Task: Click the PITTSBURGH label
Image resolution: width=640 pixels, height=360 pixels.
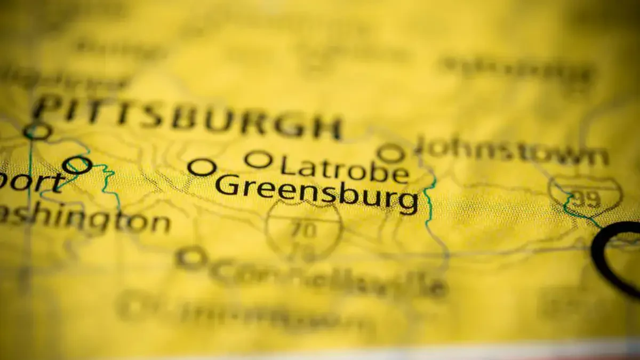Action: point(187,117)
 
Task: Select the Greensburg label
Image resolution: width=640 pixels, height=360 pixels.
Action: point(317,193)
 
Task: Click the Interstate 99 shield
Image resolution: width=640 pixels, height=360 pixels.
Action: point(585,196)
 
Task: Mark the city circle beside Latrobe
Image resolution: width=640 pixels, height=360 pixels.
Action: point(258,159)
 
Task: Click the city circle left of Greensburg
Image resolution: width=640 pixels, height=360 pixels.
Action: point(202,167)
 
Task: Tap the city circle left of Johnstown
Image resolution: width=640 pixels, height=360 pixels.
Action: point(391,154)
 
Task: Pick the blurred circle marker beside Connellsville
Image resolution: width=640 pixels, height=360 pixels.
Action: point(191,258)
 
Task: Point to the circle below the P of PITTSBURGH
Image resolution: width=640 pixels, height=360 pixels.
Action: point(37,131)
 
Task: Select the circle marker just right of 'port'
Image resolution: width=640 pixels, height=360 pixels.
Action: point(77,165)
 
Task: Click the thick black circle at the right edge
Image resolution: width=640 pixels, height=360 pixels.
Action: point(619,256)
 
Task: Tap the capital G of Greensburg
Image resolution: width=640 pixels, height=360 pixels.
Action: point(226,186)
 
